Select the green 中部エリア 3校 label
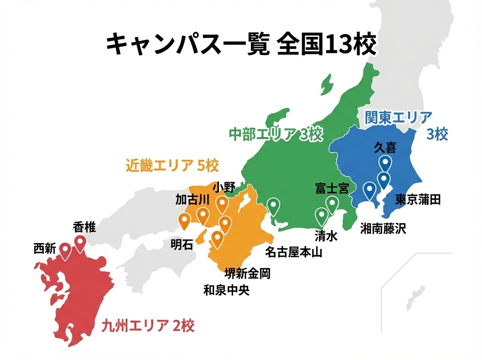[x=276, y=135]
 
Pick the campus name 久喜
[x=385, y=147]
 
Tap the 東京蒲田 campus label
[x=418, y=199]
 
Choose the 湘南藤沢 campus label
[x=383, y=229]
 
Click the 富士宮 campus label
[x=332, y=188]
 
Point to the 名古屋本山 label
[x=294, y=252]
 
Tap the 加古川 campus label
[x=192, y=199]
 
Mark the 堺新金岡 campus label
[x=247, y=274]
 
